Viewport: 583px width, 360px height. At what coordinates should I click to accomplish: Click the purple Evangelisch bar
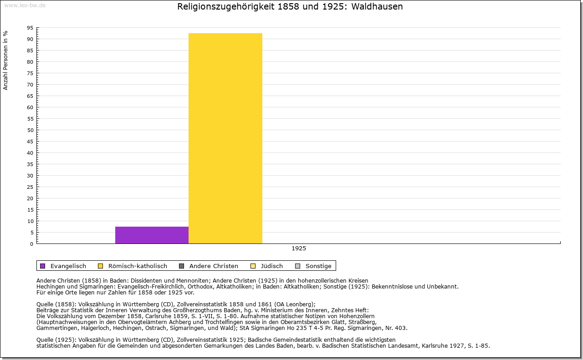pos(152,235)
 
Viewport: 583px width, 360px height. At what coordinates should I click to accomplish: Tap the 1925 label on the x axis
pos(299,248)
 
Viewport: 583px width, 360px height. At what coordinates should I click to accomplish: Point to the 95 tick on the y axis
pos(30,28)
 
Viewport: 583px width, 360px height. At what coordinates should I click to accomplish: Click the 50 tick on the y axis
pos(30,130)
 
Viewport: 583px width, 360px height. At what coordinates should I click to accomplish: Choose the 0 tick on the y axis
pos(31,244)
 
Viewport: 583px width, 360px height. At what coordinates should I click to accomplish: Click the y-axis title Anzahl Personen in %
pos(5,60)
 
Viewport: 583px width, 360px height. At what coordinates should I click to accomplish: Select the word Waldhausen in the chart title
pos(377,7)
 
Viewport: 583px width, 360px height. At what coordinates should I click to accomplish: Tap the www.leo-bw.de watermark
pos(25,5)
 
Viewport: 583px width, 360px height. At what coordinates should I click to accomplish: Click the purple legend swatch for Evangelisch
pos(43,266)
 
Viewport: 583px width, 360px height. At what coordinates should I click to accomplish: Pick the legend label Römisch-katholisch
pos(138,266)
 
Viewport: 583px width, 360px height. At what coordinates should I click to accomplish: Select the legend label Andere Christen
pos(214,266)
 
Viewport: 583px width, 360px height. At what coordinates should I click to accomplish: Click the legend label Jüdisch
pos(272,266)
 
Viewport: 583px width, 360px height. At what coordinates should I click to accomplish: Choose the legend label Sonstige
pos(318,266)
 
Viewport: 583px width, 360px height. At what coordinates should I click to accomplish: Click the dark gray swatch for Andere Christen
pos(182,266)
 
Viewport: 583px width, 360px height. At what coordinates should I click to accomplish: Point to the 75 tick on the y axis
pos(30,73)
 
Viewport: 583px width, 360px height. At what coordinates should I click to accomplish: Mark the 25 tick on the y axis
pos(30,187)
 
